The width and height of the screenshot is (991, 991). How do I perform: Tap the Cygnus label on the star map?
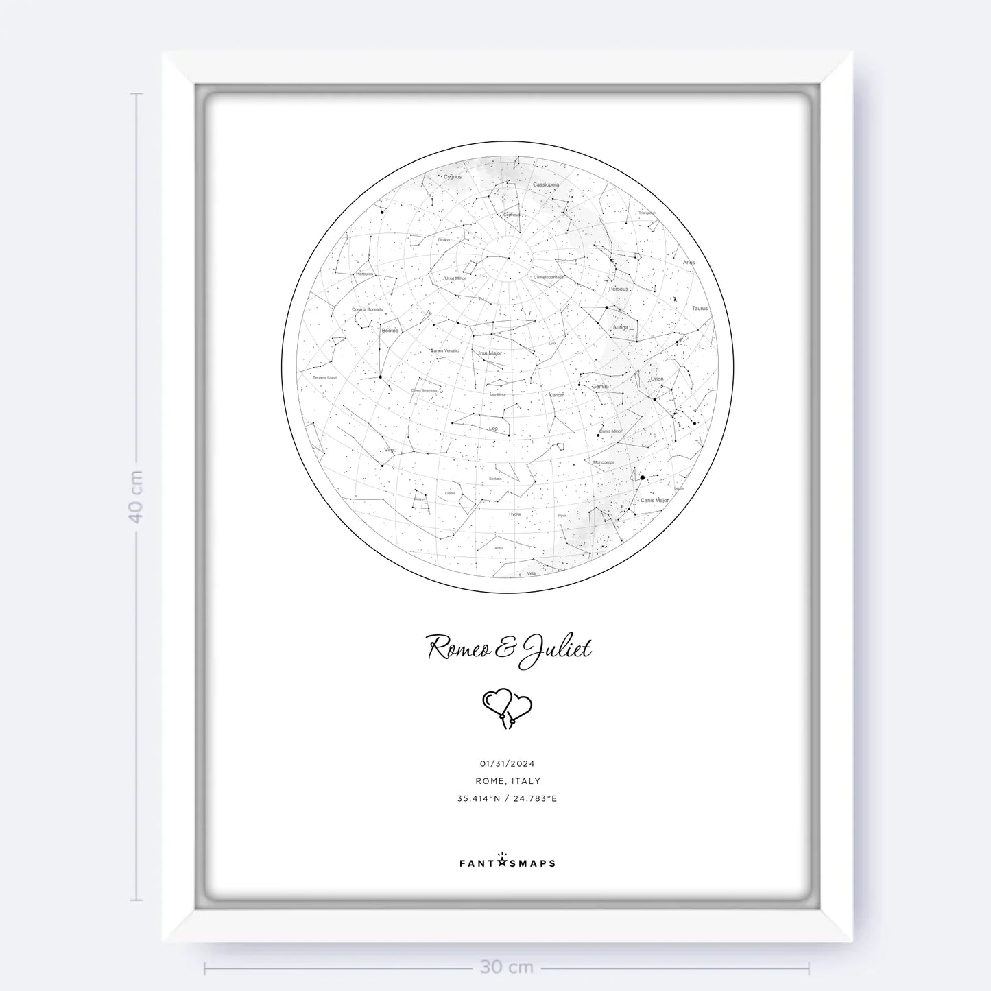pyautogui.click(x=453, y=177)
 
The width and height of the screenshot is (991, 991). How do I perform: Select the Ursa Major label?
pyautogui.click(x=490, y=353)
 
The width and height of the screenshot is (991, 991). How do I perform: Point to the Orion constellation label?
pyautogui.click(x=657, y=379)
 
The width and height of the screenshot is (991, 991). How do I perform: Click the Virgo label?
pyautogui.click(x=390, y=450)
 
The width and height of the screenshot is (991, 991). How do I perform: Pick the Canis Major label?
pyautogui.click(x=654, y=501)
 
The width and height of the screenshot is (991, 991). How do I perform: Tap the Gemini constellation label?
pyautogui.click(x=600, y=387)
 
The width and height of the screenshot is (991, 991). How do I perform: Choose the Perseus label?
pyautogui.click(x=618, y=289)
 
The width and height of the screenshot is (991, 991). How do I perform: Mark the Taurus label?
pyautogui.click(x=700, y=309)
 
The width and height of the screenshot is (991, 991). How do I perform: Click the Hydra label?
pyautogui.click(x=514, y=514)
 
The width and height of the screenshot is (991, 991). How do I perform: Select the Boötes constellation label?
pyautogui.click(x=390, y=331)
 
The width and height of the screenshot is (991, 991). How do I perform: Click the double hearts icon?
pyautogui.click(x=508, y=708)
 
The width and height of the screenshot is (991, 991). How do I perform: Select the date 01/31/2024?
pyautogui.click(x=507, y=763)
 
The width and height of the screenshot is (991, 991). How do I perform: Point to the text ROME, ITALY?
pyautogui.click(x=508, y=780)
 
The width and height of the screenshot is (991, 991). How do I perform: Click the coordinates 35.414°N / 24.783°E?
pyautogui.click(x=508, y=798)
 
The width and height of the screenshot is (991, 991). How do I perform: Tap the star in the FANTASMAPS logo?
pyautogui.click(x=502, y=861)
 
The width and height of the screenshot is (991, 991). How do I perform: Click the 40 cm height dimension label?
pyautogui.click(x=136, y=496)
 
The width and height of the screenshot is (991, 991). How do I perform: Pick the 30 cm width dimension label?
pyautogui.click(x=507, y=967)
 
